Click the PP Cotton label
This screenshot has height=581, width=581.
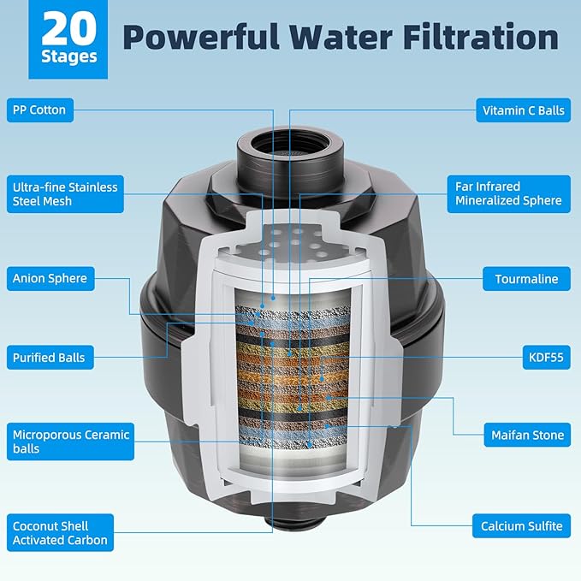click(40, 110)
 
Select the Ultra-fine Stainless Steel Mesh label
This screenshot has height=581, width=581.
click(65, 194)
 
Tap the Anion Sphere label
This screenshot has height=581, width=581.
click(50, 279)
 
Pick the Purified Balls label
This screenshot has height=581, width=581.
click(50, 358)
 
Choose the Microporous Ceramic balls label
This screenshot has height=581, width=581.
click(70, 442)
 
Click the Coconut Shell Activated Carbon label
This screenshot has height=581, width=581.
click(60, 533)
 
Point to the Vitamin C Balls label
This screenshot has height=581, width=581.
click(523, 110)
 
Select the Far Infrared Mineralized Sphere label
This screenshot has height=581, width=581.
click(509, 194)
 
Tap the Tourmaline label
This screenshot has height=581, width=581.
click(526, 279)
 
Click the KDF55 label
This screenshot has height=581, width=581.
click(546, 358)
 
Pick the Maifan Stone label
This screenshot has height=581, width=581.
click(527, 435)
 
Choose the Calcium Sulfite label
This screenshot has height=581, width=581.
click(521, 525)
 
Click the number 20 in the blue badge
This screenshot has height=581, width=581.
click(68, 28)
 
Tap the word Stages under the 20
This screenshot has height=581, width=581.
click(69, 57)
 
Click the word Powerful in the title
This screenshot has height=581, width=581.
click(201, 37)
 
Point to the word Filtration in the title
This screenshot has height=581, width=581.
click(481, 37)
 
